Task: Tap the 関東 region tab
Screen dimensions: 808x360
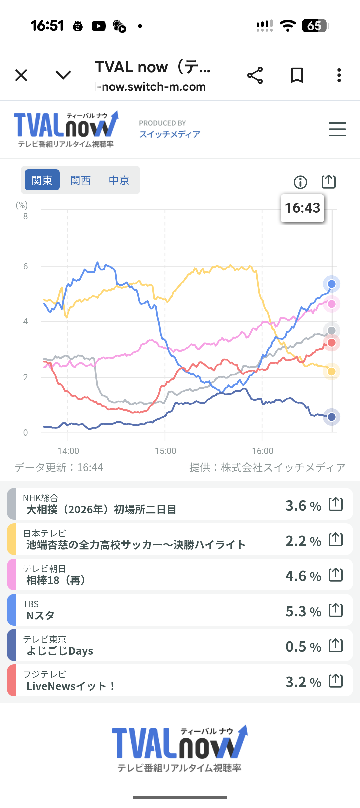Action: (x=42, y=180)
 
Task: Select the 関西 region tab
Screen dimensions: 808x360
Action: (x=80, y=180)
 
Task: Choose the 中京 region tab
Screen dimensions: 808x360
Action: (x=119, y=180)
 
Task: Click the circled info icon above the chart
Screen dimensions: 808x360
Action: (x=300, y=182)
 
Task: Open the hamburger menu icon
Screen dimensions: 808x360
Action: (x=337, y=129)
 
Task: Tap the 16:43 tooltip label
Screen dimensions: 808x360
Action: (x=302, y=208)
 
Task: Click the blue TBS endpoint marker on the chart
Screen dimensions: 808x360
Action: (x=331, y=284)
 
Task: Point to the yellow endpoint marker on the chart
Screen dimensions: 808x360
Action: (x=331, y=371)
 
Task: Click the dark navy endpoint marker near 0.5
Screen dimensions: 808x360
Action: (x=331, y=417)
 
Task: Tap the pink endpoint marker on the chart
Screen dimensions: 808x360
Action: (x=331, y=304)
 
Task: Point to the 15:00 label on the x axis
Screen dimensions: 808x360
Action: (x=165, y=451)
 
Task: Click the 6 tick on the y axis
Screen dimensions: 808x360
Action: (x=25, y=266)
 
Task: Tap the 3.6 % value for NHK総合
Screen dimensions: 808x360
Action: (x=303, y=506)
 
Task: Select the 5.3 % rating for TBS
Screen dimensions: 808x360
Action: (x=303, y=611)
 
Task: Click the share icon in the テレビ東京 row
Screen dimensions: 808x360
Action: (x=336, y=646)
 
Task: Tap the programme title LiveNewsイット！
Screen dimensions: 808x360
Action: (x=70, y=686)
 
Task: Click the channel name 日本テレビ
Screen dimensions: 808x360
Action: (x=44, y=533)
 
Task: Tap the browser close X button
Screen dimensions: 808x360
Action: (x=21, y=75)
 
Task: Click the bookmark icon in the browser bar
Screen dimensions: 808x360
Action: (x=297, y=75)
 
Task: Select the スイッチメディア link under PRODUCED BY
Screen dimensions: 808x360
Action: (x=170, y=134)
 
